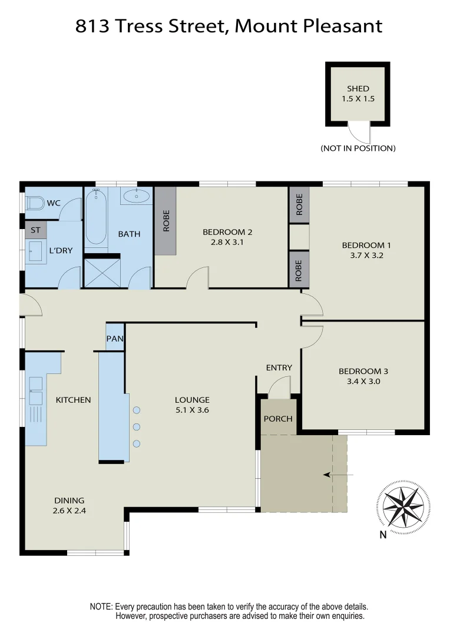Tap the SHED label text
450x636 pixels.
point(358,89)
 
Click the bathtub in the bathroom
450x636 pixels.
point(96,216)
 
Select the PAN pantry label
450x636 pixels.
point(114,339)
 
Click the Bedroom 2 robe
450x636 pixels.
point(166,221)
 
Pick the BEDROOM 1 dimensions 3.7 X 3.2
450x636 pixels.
point(358,256)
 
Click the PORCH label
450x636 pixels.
point(278,419)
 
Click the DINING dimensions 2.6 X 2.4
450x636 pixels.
point(69,511)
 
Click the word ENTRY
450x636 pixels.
point(279,367)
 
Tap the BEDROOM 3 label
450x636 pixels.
point(363,371)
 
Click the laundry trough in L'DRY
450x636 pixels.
point(35,250)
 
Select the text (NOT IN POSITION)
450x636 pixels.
point(358,148)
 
